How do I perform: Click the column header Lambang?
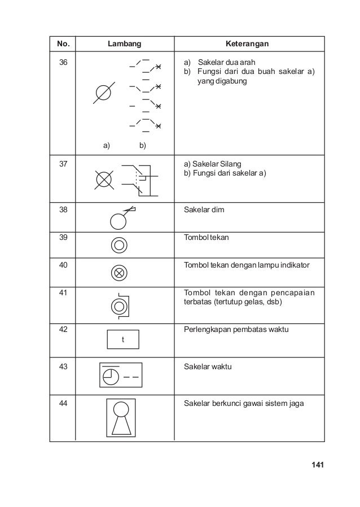[125, 43]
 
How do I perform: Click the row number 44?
[58, 403]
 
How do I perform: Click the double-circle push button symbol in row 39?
[119, 245]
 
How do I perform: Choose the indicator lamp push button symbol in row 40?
[119, 273]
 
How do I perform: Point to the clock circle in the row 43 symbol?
[111, 375]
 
